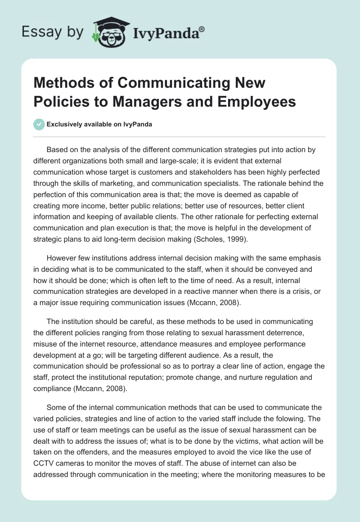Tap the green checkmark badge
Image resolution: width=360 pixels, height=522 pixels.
pyautogui.click(x=39, y=124)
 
